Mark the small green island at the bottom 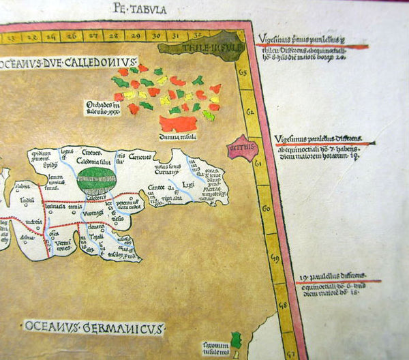pyautogui.click(x=236, y=339)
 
